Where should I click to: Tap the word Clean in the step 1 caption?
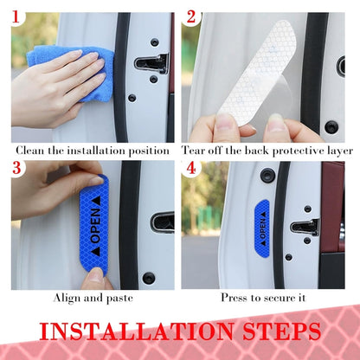pyautogui.click(x=27, y=150)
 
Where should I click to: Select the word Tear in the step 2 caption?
pyautogui.click(x=195, y=150)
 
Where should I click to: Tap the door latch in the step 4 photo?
pyautogui.click(x=305, y=227)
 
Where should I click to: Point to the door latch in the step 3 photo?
pyautogui.click(x=162, y=222)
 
